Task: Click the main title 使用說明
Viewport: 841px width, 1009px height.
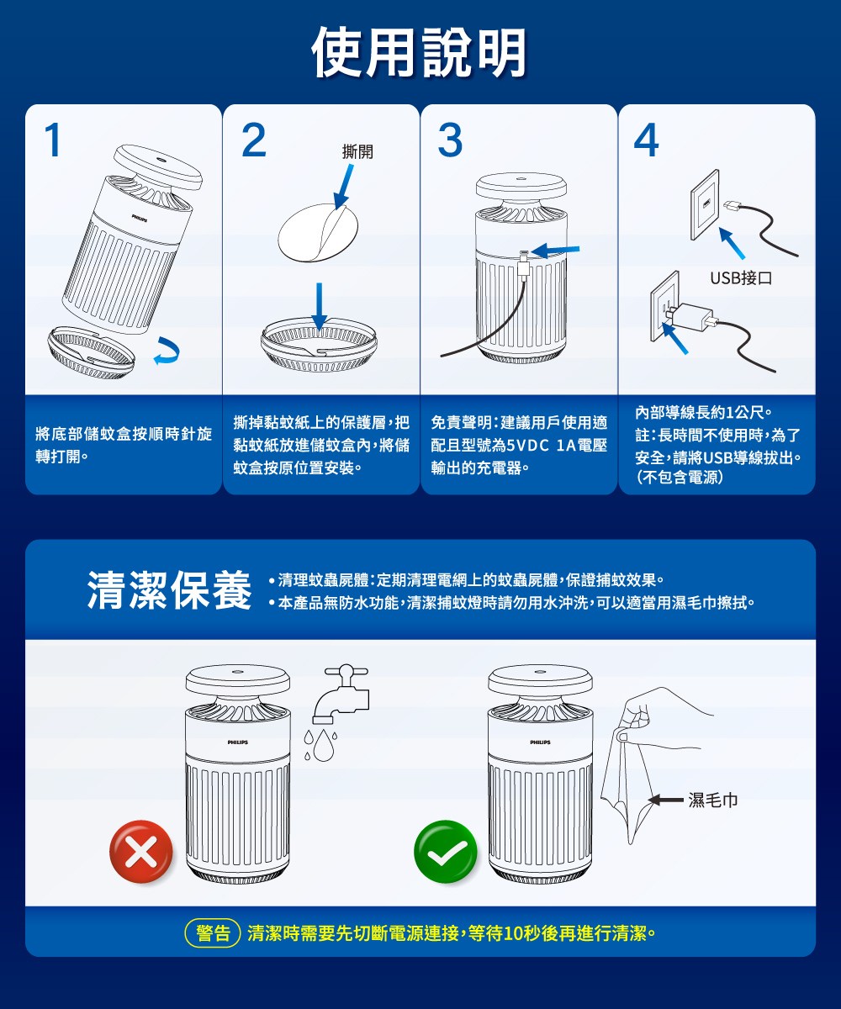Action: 420,52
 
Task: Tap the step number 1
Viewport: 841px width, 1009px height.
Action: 53,140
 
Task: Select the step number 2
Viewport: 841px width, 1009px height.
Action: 253,140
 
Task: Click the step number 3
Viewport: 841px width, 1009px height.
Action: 451,140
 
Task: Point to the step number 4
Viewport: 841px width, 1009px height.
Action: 646,140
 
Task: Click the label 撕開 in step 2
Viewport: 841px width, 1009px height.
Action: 357,152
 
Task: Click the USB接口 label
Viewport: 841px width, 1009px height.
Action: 740,278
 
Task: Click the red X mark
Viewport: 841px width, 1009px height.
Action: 140,852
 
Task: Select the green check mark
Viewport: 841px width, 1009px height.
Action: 445,852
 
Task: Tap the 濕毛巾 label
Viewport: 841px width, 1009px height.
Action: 713,800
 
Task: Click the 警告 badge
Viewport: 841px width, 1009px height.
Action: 214,933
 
